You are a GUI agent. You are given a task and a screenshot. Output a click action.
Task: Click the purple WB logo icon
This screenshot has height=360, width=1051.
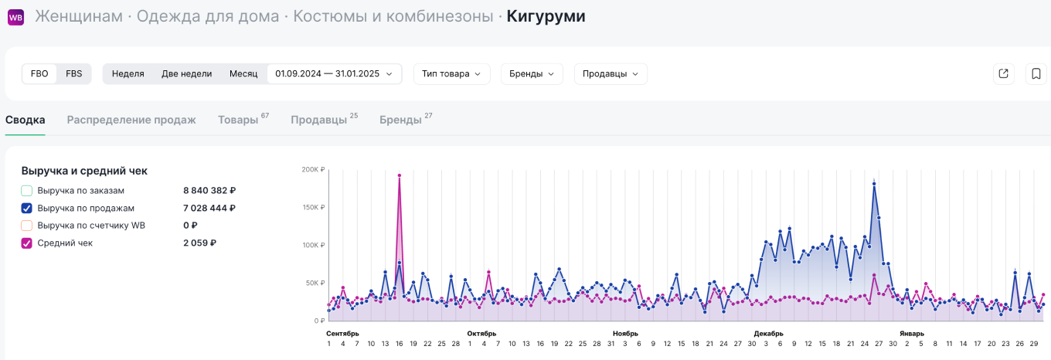tap(15, 17)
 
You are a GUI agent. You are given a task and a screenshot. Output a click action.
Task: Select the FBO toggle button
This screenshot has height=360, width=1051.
tap(39, 74)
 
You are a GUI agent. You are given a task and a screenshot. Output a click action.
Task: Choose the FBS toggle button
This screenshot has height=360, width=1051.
tap(74, 74)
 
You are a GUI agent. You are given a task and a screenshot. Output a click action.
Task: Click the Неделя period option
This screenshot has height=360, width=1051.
tap(128, 74)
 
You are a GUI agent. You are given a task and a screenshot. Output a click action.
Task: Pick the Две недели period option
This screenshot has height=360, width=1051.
tap(186, 74)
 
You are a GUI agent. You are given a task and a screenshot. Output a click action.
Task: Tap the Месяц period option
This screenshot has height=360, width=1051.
tap(243, 74)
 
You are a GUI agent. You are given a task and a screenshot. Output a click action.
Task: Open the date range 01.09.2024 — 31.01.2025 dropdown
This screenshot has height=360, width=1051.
tap(334, 74)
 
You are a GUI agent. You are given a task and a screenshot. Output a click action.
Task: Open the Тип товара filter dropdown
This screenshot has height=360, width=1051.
tap(451, 74)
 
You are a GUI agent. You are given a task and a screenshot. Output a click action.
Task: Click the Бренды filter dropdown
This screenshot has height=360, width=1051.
tap(532, 74)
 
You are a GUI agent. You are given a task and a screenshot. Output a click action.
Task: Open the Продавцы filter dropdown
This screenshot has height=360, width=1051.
tap(611, 74)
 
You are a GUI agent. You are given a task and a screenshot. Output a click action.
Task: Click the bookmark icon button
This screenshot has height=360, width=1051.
tap(1036, 74)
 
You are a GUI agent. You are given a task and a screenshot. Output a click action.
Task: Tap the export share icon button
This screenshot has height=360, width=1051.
tap(1003, 74)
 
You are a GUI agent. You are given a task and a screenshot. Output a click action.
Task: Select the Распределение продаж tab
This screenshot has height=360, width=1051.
tap(131, 120)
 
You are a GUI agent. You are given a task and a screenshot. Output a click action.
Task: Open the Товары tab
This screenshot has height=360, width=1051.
tap(238, 120)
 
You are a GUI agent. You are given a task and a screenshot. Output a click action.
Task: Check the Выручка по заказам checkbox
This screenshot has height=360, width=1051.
tap(27, 190)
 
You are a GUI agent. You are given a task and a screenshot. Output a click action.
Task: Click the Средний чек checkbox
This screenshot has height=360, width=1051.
tap(27, 243)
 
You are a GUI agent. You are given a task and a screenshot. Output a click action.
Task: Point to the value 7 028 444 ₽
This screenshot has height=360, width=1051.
tap(209, 208)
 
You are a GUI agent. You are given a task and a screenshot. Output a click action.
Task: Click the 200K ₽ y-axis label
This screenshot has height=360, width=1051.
tap(313, 169)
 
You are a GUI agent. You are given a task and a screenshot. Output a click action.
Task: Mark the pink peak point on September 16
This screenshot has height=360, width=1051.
tap(400, 175)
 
